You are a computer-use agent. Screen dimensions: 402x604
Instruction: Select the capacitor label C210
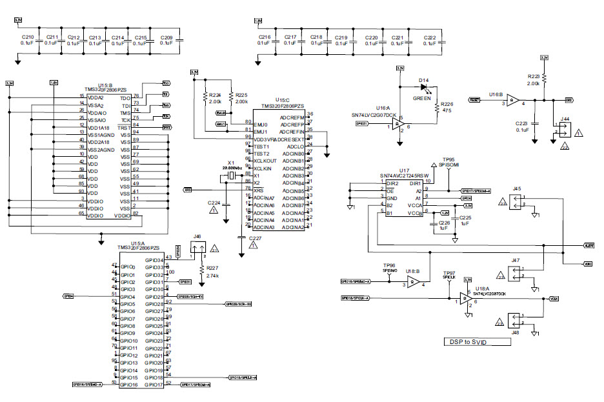point(27,37)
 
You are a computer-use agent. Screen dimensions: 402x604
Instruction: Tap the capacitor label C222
point(430,38)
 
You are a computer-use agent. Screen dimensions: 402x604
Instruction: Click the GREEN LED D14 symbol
point(423,88)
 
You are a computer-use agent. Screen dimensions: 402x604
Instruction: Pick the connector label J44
point(565,118)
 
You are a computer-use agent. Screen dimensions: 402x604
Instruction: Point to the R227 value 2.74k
point(213,276)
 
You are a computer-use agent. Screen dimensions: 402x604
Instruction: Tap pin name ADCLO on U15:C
point(296,146)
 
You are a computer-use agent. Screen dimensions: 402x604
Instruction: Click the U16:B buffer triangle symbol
point(512,99)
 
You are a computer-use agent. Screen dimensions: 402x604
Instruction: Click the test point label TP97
point(449,273)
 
